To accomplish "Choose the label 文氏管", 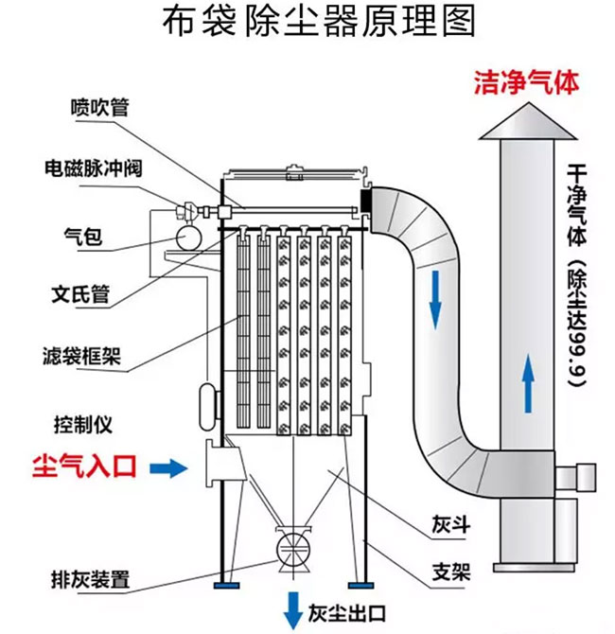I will click(x=79, y=293).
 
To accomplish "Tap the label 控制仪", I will click(x=77, y=420).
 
